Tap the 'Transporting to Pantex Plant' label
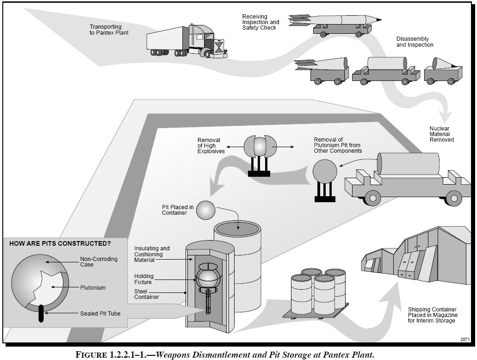(x=109, y=30)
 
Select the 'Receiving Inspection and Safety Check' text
(x=260, y=22)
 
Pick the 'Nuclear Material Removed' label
(x=441, y=134)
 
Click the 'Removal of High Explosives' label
(x=211, y=145)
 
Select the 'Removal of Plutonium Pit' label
(x=338, y=145)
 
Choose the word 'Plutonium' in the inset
(x=93, y=288)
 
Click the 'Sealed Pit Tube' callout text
(x=100, y=314)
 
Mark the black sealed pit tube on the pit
(x=41, y=313)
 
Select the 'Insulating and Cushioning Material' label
(x=152, y=254)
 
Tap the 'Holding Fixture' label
(x=144, y=279)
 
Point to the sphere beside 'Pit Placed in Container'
(x=206, y=210)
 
